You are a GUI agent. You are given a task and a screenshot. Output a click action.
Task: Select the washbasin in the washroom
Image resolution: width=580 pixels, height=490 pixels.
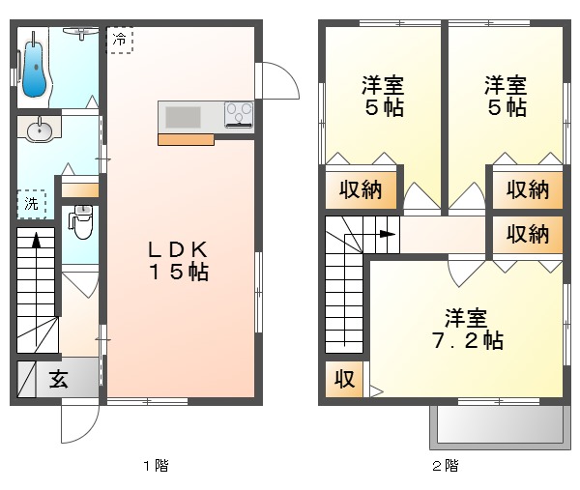tap(40, 130)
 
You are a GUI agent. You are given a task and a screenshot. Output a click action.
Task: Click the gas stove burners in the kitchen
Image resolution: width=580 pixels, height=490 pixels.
tap(238, 115)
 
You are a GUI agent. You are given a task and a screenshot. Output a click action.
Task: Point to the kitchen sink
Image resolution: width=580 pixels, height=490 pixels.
tap(183, 117)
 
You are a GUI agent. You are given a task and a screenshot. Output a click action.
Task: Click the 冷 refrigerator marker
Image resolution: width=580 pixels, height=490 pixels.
tap(119, 40)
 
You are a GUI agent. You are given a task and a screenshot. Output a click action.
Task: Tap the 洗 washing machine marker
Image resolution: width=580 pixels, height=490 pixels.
tap(32, 203)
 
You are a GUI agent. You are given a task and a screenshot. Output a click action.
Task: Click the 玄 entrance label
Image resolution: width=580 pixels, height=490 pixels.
tap(58, 380)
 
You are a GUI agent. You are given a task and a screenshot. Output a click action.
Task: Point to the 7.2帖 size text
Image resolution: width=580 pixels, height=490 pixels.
tap(467, 340)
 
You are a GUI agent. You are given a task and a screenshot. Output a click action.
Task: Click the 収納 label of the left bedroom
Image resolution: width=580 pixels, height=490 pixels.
tap(359, 190)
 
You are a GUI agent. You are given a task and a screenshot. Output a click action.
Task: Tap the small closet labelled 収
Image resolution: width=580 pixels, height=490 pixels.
tap(343, 379)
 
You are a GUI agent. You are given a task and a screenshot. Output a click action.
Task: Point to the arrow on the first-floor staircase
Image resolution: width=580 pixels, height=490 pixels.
tap(36, 242)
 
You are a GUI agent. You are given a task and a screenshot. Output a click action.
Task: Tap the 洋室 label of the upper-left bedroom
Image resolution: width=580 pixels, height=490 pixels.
tap(384, 84)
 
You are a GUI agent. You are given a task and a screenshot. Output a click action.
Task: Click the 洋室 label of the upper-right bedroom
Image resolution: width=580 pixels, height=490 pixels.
tap(506, 84)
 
